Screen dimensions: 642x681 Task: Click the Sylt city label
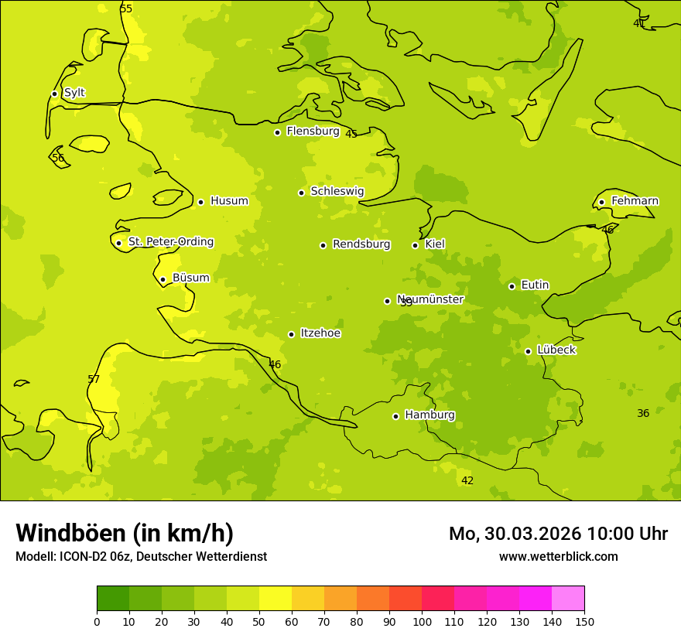[74, 93]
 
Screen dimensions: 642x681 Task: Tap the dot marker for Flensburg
[277, 132]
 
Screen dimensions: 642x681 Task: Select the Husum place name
[229, 201]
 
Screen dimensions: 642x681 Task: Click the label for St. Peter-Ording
[170, 242]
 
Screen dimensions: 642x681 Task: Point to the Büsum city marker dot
[163, 279]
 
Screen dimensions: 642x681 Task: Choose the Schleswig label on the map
[337, 191]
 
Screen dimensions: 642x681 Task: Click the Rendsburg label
[361, 244]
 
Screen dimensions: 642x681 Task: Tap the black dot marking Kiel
[415, 245]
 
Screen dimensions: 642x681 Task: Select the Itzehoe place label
[320, 333]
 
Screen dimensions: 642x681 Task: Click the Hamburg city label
[429, 415]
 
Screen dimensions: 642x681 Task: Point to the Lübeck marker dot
[528, 351]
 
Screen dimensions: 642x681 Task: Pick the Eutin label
[535, 285]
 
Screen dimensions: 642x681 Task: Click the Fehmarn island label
[635, 201]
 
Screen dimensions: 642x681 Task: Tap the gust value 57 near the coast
[94, 379]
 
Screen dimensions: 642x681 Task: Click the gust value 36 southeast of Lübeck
[643, 413]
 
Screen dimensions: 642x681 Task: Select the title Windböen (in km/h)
[125, 533]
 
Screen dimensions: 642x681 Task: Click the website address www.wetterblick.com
[558, 556]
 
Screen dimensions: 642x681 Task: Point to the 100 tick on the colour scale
[422, 621]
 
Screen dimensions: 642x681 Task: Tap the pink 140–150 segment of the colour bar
[568, 598]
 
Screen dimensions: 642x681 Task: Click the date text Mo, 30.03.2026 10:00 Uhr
[558, 534]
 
